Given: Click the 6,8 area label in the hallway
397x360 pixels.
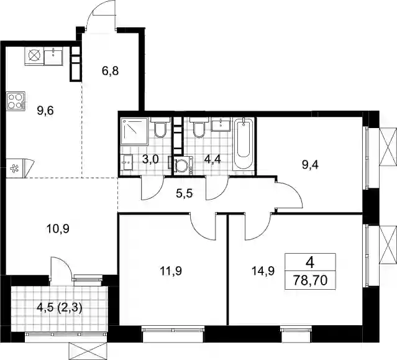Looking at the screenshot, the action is coord(110,71).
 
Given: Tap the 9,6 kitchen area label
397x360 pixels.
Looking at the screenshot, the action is coord(45,111).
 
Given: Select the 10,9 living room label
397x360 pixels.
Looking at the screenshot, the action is coord(58,229).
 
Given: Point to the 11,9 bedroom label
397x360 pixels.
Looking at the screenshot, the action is coord(171,271).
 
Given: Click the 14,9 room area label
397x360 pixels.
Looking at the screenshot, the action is coord(263,271).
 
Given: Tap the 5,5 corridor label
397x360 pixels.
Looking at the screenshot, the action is coord(185,194).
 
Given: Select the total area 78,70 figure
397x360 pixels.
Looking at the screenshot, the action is coord(311,280).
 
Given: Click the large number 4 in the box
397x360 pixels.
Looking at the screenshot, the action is coord(310,263).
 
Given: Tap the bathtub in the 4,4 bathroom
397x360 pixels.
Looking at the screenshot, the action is coord(244,144).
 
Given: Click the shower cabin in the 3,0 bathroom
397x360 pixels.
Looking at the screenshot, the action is coord(134,131).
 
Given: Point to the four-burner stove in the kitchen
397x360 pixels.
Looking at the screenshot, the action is coord(16,101).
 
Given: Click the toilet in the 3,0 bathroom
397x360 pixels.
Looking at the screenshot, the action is coord(160,127).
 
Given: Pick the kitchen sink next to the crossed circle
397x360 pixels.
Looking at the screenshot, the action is coord(53,55).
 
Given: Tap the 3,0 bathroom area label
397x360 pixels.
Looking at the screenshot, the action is coord(150,160).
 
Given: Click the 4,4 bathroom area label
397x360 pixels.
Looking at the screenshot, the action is coord(212,160).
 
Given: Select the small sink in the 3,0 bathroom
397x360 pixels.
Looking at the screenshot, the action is coord(126,162).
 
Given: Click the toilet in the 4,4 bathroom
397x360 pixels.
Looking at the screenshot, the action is coord(199,127).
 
